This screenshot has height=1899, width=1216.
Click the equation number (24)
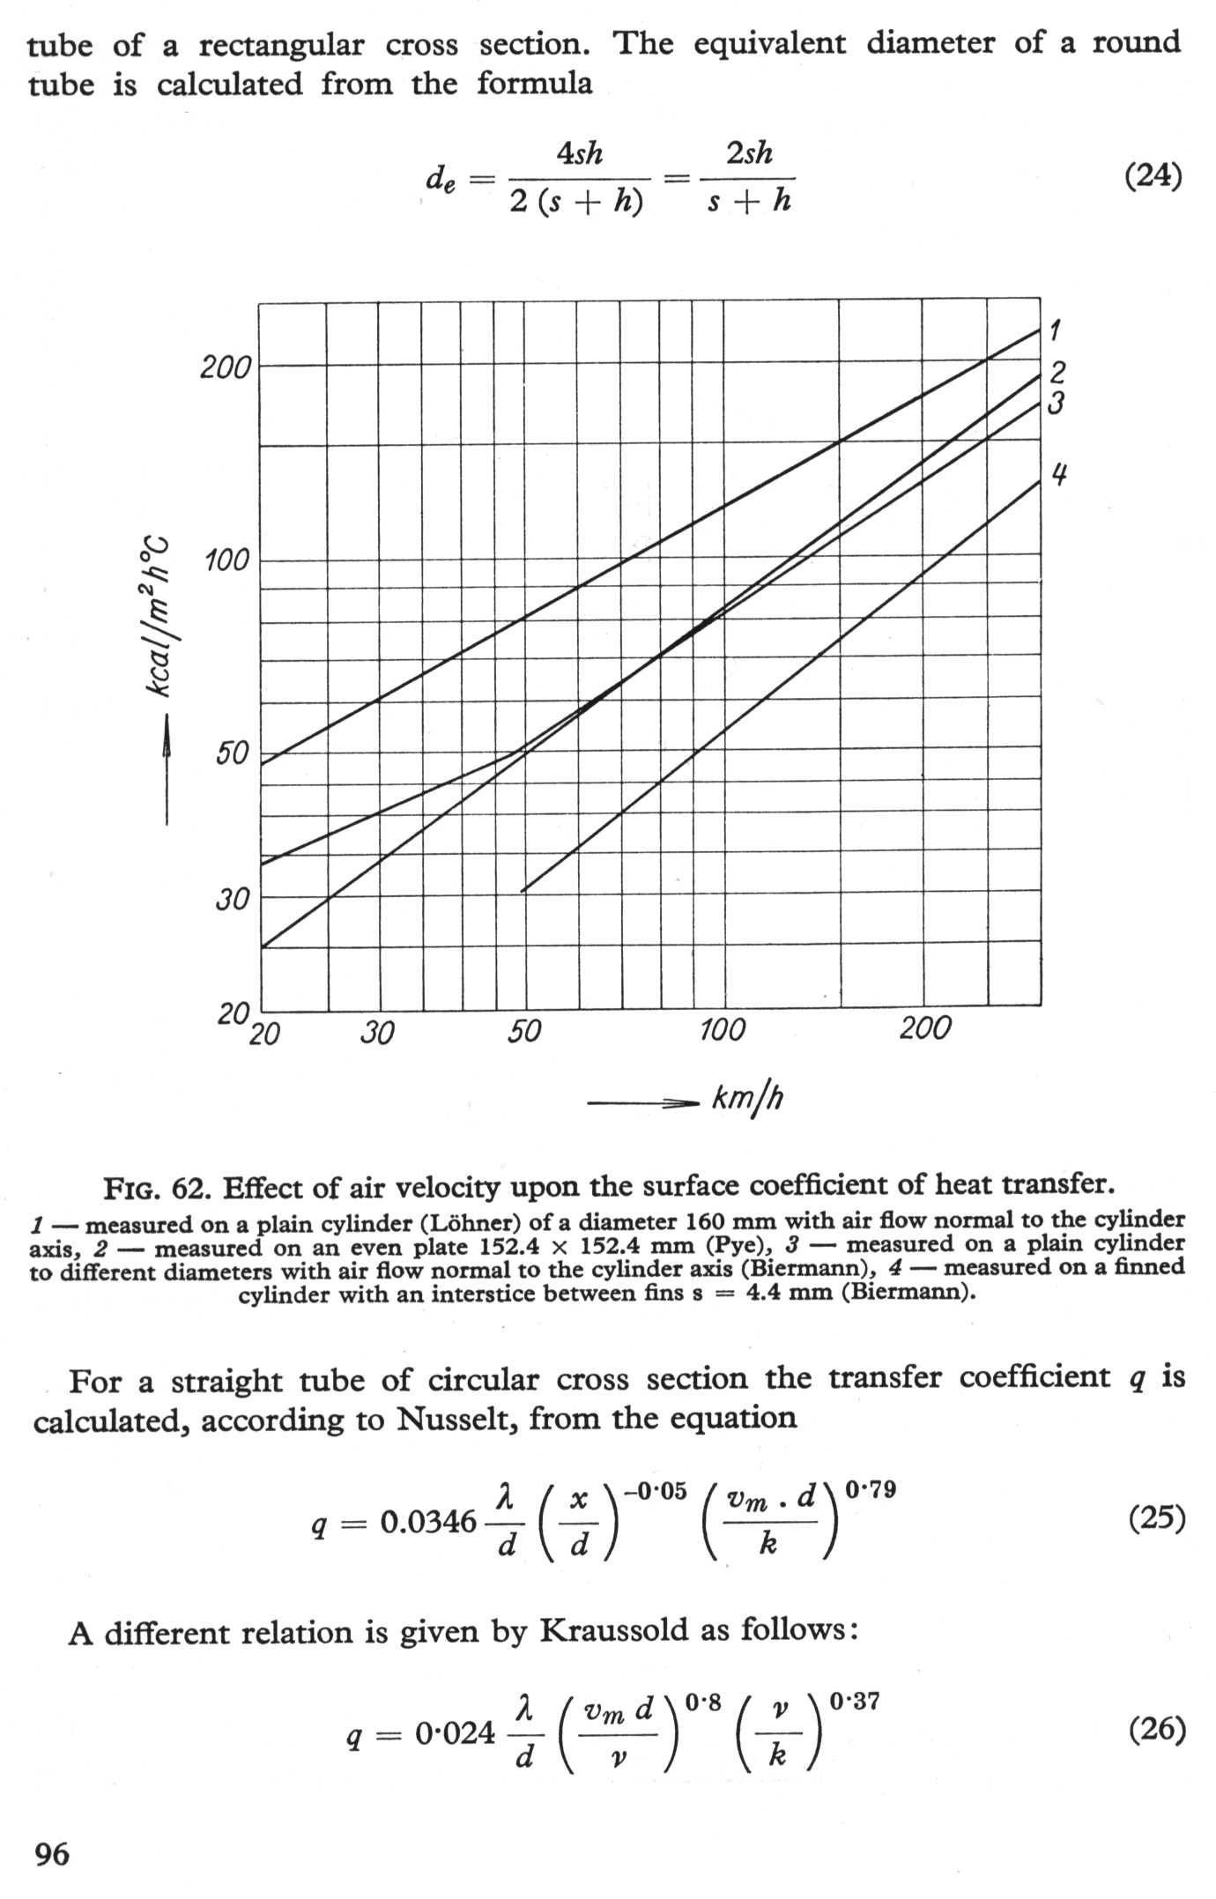pos(1153,176)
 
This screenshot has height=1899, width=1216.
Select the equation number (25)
pos(1156,1517)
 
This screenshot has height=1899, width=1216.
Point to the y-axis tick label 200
pos(226,367)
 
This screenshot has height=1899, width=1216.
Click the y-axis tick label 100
pos(227,560)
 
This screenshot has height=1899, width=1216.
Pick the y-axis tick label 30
pos(233,899)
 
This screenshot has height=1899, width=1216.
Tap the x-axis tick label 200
pos(925,1027)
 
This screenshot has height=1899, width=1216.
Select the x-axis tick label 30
pos(377,1032)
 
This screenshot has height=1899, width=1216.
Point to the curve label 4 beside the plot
pos(1059,475)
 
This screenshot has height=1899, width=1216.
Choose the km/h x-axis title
pos(747,1099)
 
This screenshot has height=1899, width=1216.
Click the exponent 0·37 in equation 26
pos(854,1701)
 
